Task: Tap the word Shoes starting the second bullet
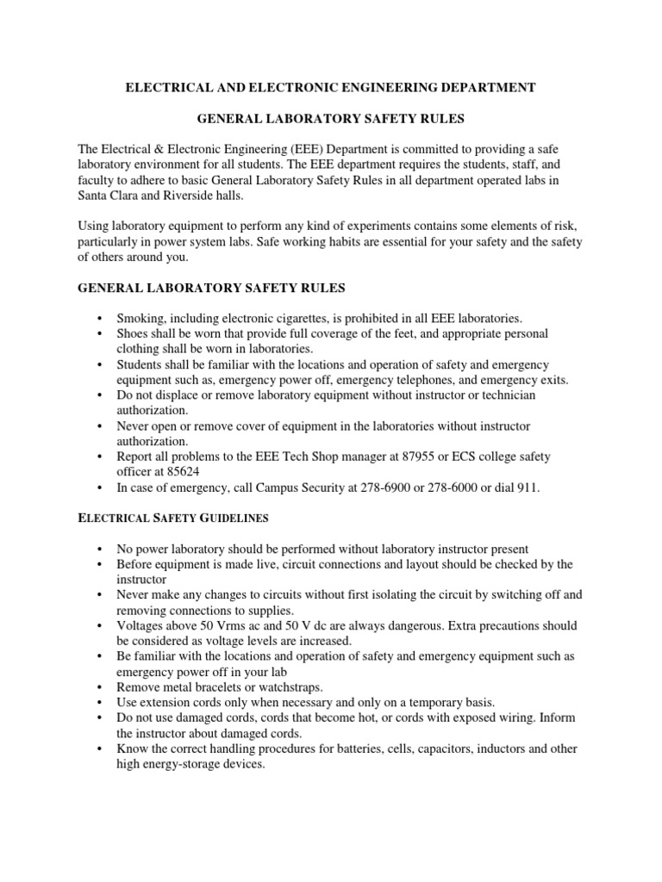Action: (x=134, y=332)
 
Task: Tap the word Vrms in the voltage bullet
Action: (x=234, y=625)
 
